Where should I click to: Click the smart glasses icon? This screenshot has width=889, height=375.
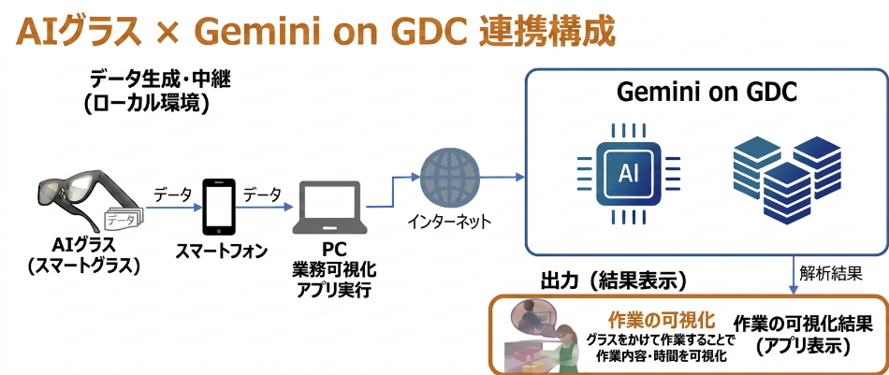[80, 202]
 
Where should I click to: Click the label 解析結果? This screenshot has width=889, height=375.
[830, 275]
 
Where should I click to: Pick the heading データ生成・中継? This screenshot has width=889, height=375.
[160, 79]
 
